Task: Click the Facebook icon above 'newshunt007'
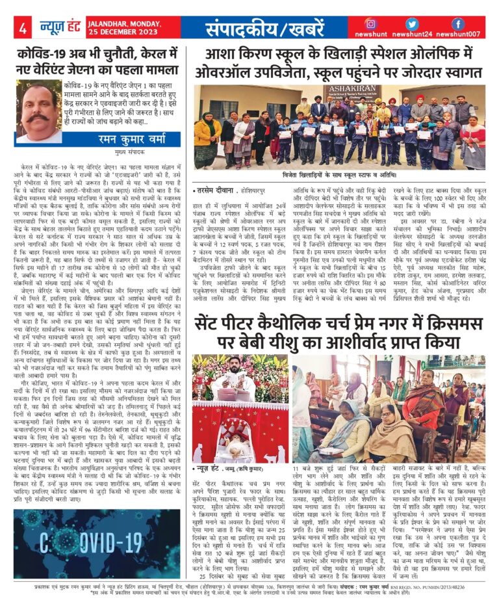[x=458, y=24]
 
